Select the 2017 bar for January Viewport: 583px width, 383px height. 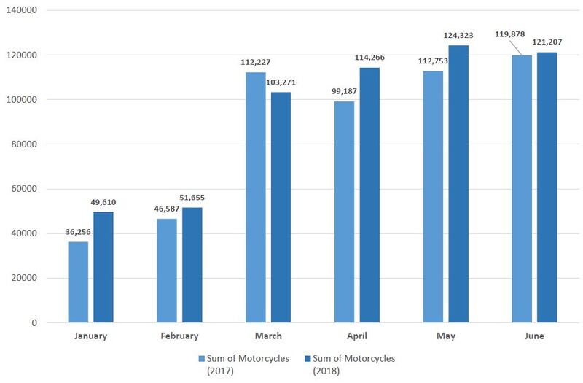[x=78, y=282]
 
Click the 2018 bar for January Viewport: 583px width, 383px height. [x=103, y=267]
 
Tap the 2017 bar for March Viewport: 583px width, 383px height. [x=255, y=197]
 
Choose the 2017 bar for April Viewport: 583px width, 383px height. [x=344, y=212]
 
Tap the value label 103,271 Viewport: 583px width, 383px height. [x=281, y=82]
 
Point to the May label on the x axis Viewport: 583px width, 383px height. [x=445, y=336]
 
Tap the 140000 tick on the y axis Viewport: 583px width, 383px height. [x=25, y=10]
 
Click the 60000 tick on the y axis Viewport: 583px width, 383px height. [x=27, y=189]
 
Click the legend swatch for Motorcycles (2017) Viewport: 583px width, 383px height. [x=203, y=358]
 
